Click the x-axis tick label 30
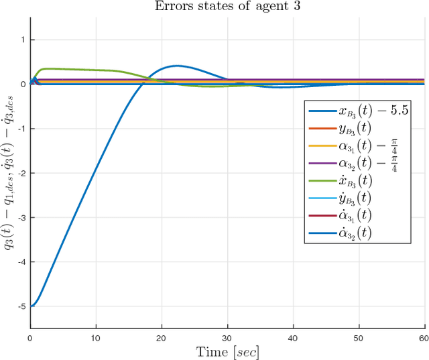pyautogui.click(x=228, y=337)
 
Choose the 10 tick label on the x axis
pyautogui.click(x=96, y=337)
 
